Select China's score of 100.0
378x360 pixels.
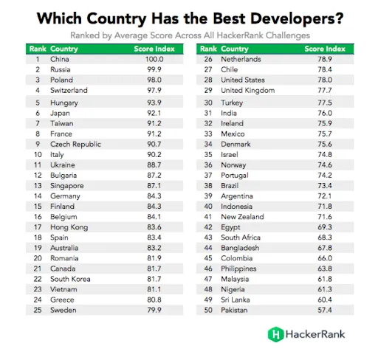point(153,58)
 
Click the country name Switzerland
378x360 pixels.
point(69,90)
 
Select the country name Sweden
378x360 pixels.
point(63,311)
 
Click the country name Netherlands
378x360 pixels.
point(241,58)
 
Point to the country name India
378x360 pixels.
point(229,113)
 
